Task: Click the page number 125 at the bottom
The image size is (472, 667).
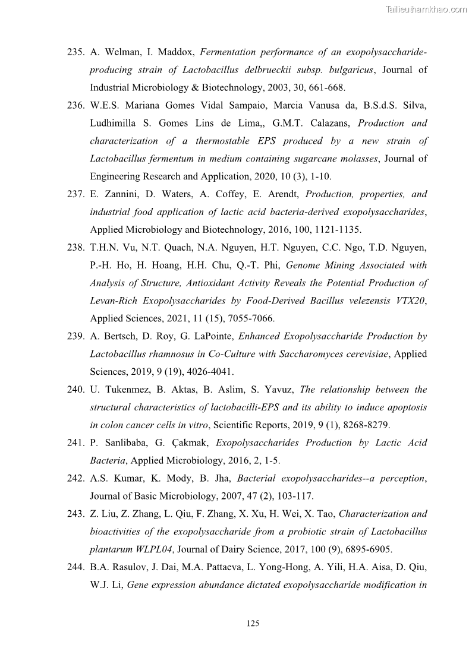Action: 253,623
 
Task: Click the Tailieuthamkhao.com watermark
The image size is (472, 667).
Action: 426,9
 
